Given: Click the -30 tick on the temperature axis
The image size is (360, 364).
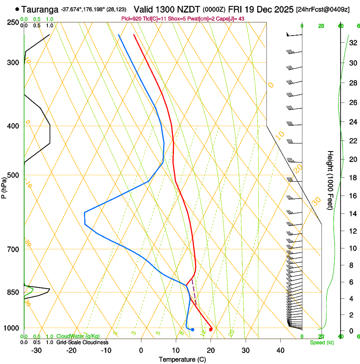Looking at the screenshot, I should tap(36, 350).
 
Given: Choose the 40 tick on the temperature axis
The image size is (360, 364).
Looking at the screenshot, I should tap(280, 350).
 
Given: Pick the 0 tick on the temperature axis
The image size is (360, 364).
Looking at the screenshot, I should tap(141, 350).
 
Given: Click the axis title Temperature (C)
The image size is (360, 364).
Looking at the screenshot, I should tap(182, 359).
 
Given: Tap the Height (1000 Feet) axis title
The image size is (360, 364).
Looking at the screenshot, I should tap(330, 180).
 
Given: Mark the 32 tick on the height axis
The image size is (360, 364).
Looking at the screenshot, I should tap(352, 42).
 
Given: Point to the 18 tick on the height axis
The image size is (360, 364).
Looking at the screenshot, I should tap(352, 178).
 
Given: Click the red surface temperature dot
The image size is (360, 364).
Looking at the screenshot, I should tap(210, 329).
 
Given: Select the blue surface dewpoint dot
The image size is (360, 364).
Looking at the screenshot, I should tap(192, 329).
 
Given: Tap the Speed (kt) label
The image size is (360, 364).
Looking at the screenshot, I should tap(322, 342).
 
